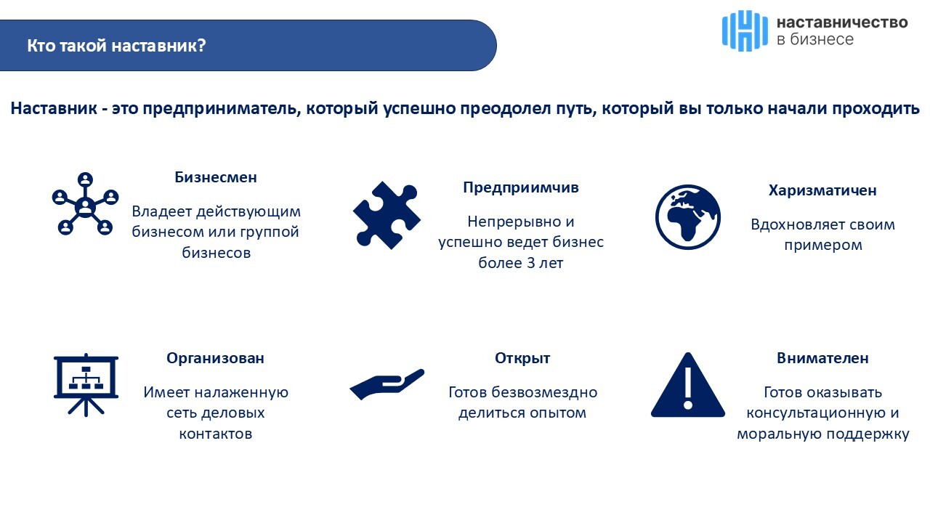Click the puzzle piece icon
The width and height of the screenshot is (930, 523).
click(387, 216)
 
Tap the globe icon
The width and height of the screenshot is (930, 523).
click(688, 217)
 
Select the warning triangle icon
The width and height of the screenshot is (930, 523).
click(688, 385)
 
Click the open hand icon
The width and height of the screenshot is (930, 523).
click(387, 384)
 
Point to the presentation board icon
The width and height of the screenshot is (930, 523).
click(86, 385)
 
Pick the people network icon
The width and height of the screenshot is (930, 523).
click(85, 204)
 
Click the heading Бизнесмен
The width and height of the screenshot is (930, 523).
click(216, 177)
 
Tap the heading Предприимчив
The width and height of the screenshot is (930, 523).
click(521, 187)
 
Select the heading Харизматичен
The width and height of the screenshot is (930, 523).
click(822, 190)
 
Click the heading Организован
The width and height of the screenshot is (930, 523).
click(215, 358)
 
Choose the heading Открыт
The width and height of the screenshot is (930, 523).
click(522, 358)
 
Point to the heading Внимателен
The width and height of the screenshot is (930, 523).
click(822, 358)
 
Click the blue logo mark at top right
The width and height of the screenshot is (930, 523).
click(745, 31)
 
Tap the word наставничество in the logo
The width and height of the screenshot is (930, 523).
click(842, 23)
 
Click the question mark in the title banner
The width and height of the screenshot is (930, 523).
click(202, 45)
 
